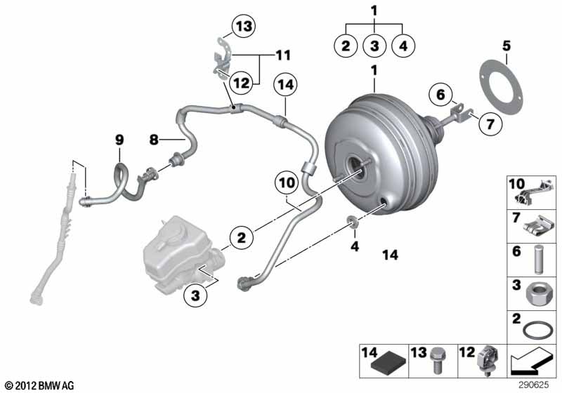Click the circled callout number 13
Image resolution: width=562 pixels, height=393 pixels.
(x=244, y=26)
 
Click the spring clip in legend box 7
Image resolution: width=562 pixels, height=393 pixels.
(x=538, y=227)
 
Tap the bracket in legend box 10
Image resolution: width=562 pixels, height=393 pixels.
(x=533, y=192)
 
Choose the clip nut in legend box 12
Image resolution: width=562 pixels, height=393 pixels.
(x=488, y=360)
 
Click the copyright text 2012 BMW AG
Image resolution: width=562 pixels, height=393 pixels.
(x=40, y=385)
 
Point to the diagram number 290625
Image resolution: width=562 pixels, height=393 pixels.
(x=534, y=385)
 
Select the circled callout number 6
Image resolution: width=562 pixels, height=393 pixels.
(x=440, y=95)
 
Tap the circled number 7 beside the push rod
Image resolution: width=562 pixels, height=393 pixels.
(x=490, y=124)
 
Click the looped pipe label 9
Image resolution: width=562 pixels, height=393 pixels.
(x=119, y=139)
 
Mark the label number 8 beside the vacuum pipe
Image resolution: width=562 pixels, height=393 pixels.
(x=154, y=139)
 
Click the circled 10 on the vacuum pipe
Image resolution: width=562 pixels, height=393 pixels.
(x=287, y=182)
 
